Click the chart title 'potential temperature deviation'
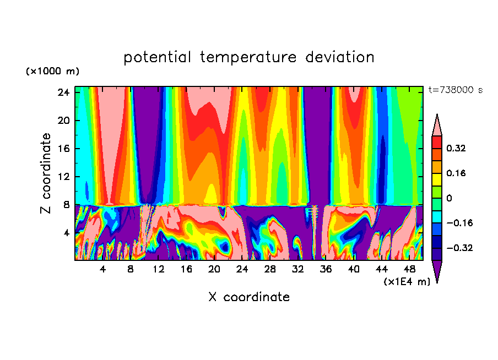coord(248,57)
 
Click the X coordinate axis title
coord(248,297)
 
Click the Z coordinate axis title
coord(46,173)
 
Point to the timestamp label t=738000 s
coord(455,90)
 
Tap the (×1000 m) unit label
coord(52,72)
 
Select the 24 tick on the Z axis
coord(63,92)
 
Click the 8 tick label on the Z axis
coord(66,205)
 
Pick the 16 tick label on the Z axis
coord(63,149)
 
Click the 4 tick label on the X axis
coord(102,269)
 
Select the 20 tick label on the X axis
coord(214,269)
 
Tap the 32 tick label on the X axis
coord(298,269)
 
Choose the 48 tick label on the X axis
coord(410,269)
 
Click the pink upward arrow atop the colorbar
coord(437,125)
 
